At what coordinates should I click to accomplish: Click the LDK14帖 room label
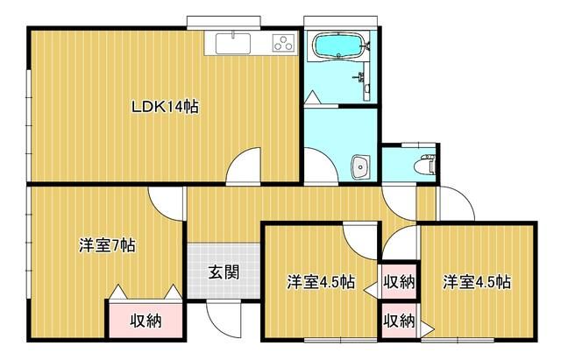point(165,108)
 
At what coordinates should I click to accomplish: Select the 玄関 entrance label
point(224,272)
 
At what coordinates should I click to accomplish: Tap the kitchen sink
point(231,42)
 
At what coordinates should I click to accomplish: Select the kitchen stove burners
point(284,42)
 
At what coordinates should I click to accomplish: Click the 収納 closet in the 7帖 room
point(146,320)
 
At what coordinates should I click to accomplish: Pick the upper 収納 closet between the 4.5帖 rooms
point(399,282)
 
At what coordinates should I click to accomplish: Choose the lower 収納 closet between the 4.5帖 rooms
point(399,321)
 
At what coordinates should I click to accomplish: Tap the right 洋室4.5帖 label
point(477,282)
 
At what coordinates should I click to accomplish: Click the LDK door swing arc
point(246,166)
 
